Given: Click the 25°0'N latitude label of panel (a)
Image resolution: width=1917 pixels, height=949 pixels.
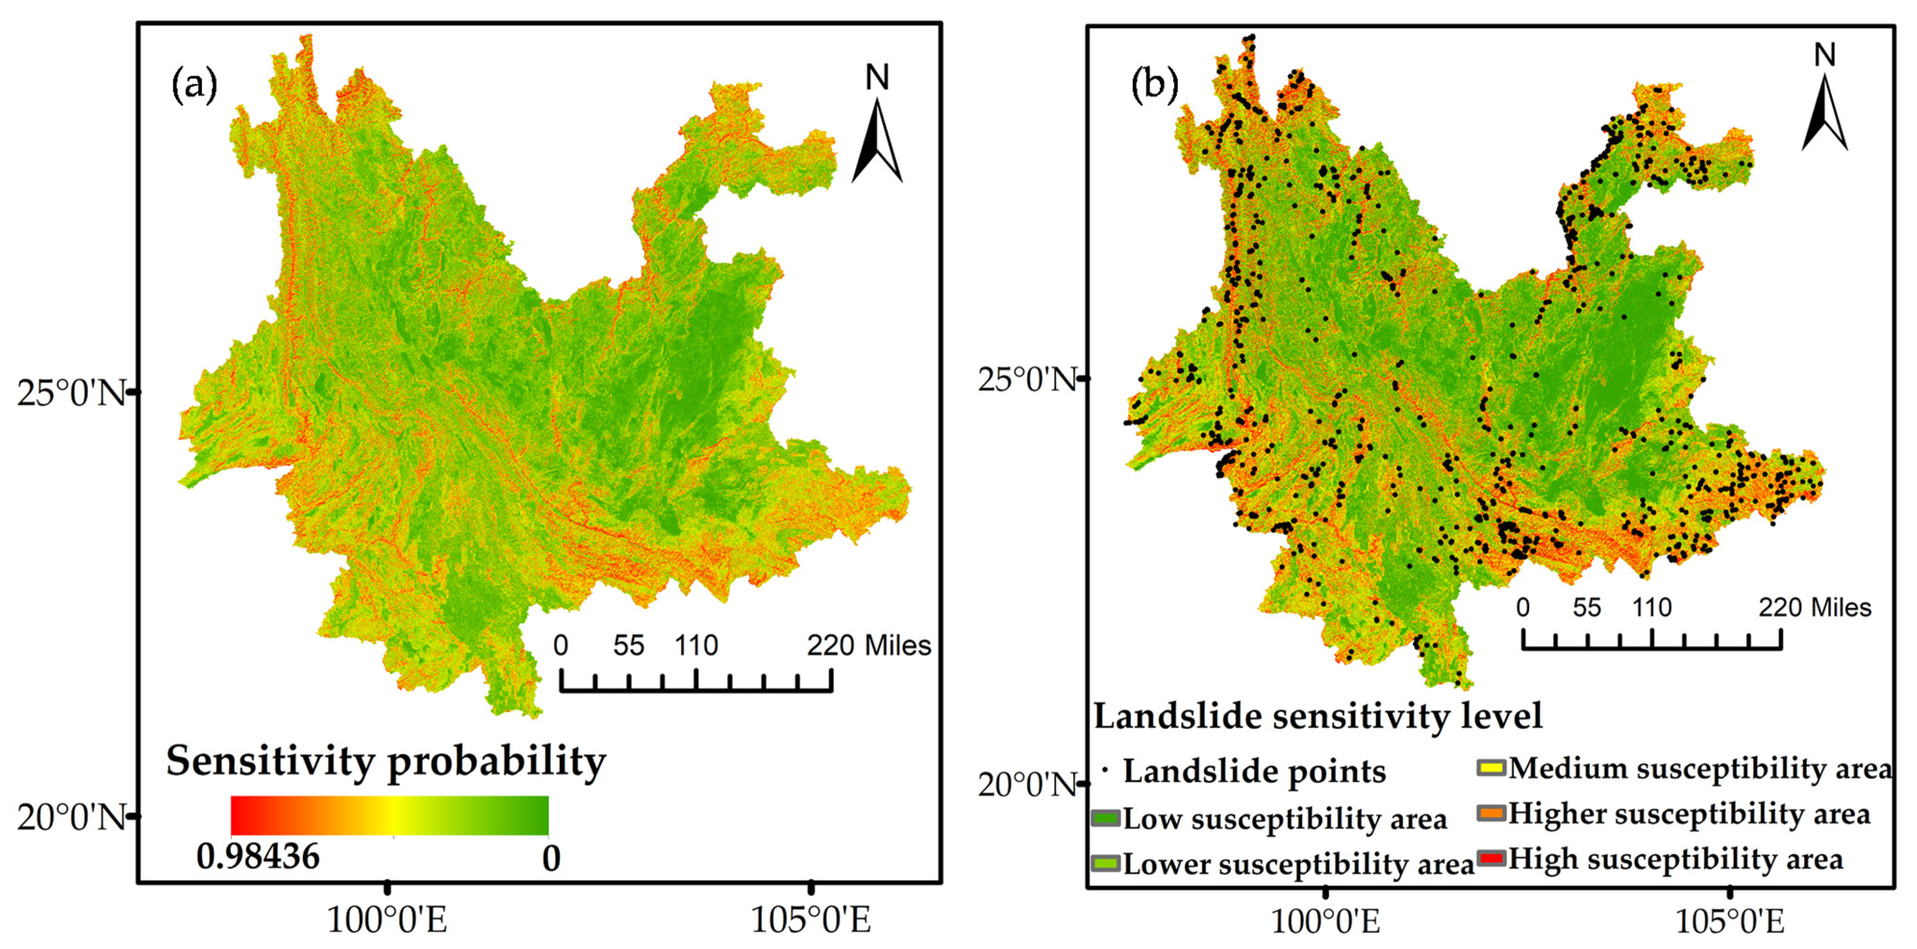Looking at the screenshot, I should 71,392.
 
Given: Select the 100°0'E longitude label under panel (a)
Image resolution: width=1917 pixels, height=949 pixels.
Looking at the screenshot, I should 387,920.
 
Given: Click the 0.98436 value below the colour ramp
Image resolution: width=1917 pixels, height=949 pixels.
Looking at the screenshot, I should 258,857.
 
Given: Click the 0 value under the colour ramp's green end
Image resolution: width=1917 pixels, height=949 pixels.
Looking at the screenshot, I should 551,859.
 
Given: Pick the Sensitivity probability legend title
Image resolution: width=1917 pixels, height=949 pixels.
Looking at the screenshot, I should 386,762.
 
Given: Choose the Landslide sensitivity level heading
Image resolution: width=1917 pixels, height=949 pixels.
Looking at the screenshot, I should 1318,716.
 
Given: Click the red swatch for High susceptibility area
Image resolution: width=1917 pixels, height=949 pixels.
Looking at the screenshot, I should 1491,858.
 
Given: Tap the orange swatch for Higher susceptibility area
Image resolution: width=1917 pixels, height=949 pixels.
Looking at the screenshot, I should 1491,813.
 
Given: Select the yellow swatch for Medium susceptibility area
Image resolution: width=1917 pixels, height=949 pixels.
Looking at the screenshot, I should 1491,768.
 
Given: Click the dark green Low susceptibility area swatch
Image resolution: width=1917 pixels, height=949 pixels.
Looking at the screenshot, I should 1106,818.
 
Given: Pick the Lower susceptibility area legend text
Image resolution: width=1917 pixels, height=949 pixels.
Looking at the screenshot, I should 1299,864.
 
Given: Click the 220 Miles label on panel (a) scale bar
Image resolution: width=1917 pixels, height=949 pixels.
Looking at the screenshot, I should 868,645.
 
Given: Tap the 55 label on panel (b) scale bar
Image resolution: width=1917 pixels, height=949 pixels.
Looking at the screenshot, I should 1587,607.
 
